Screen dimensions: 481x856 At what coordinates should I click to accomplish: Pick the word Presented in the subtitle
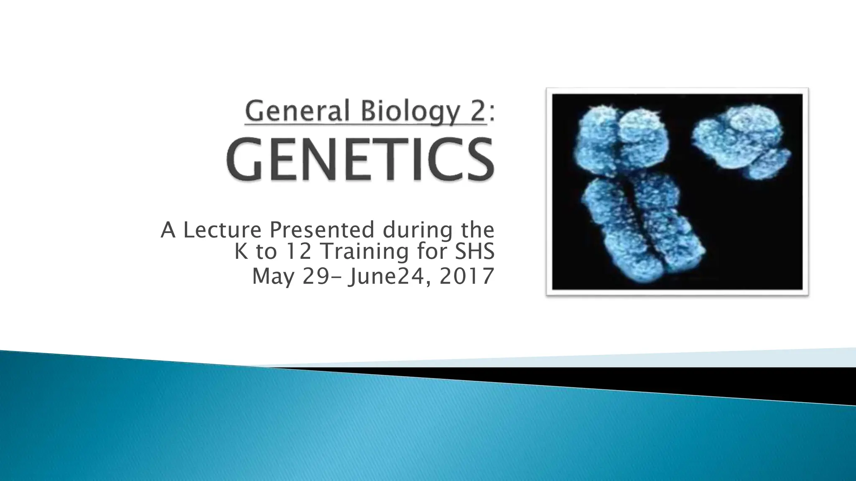point(322,230)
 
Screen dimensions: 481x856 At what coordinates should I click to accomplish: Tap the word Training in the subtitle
point(359,252)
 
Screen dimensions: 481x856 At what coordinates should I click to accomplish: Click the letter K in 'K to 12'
point(241,251)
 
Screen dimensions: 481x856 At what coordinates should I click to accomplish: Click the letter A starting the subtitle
point(168,230)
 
